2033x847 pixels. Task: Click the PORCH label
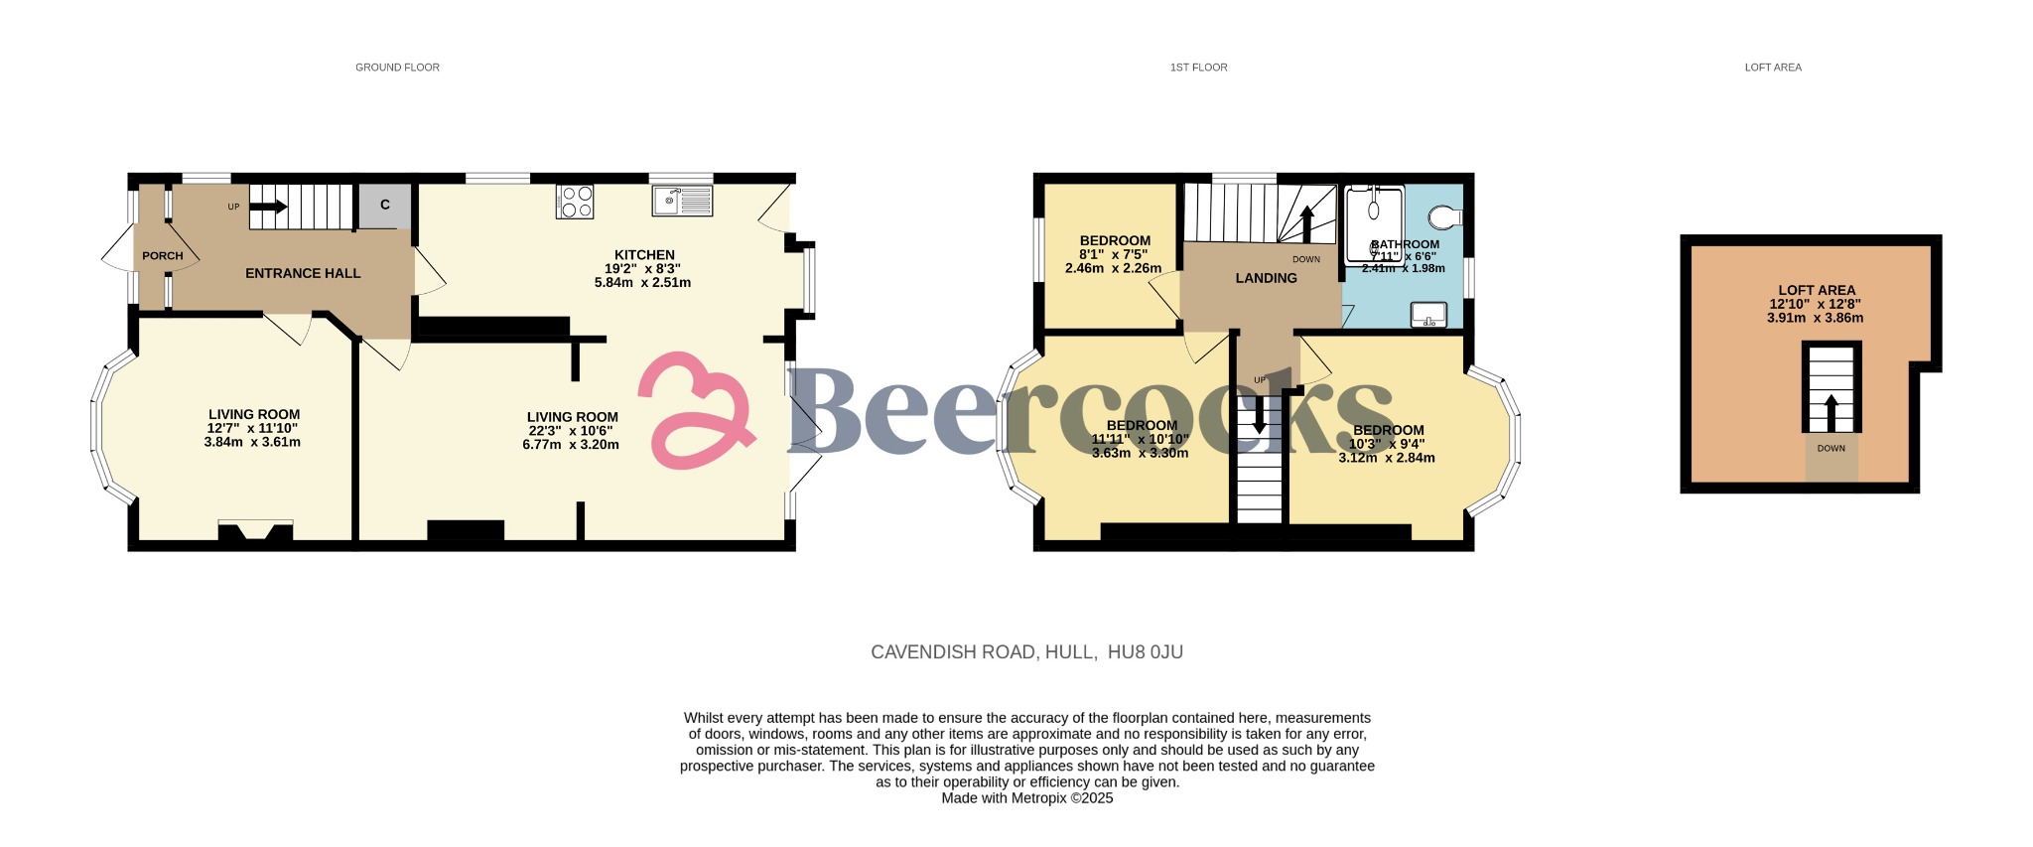pyautogui.click(x=162, y=255)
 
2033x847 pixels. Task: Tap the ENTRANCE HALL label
pyautogui.click(x=303, y=273)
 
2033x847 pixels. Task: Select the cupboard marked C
pyautogui.click(x=385, y=206)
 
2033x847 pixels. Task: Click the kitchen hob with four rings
pyautogui.click(x=577, y=202)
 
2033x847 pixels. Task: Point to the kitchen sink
pyautogui.click(x=682, y=201)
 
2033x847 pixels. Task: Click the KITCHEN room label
pyautogui.click(x=644, y=255)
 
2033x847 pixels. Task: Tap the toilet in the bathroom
pyautogui.click(x=1446, y=216)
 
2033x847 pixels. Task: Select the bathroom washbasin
pyautogui.click(x=1428, y=315)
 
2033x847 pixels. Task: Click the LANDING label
pyautogui.click(x=1266, y=278)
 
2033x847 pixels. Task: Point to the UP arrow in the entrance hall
pyautogui.click(x=268, y=207)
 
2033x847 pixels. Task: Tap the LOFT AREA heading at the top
pyautogui.click(x=1773, y=68)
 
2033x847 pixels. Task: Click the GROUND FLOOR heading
pyautogui.click(x=397, y=68)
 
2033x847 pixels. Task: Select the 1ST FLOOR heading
pyautogui.click(x=1198, y=68)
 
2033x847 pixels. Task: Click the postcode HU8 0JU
pyautogui.click(x=1146, y=652)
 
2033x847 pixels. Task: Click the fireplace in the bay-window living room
pyautogui.click(x=255, y=532)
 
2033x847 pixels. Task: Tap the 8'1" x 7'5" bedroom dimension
pyautogui.click(x=1115, y=254)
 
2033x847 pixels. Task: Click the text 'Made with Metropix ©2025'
pyautogui.click(x=1027, y=798)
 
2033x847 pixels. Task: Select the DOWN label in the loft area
pyautogui.click(x=1831, y=449)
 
